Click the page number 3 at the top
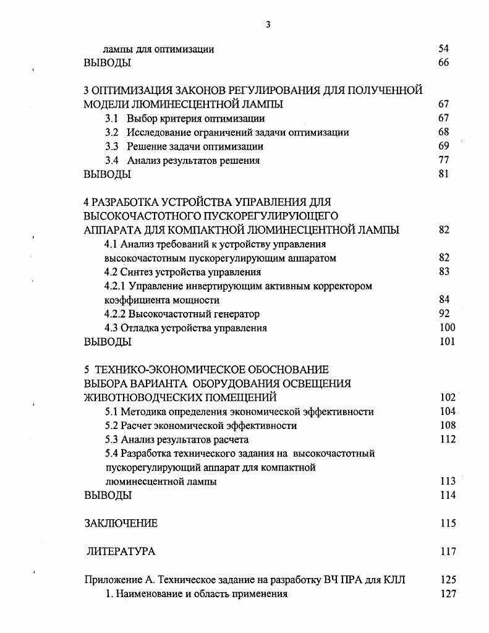point(268,25)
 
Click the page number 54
point(443,49)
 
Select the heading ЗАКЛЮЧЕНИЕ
point(121,524)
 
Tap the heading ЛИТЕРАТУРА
point(121,551)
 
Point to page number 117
point(448,551)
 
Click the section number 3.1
point(112,118)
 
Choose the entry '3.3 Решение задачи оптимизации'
point(184,147)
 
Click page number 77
point(443,161)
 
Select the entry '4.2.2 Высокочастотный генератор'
point(182,314)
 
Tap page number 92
point(443,314)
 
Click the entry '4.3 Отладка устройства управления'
point(185,328)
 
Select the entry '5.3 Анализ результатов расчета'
point(176,440)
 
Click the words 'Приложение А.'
point(119,580)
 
